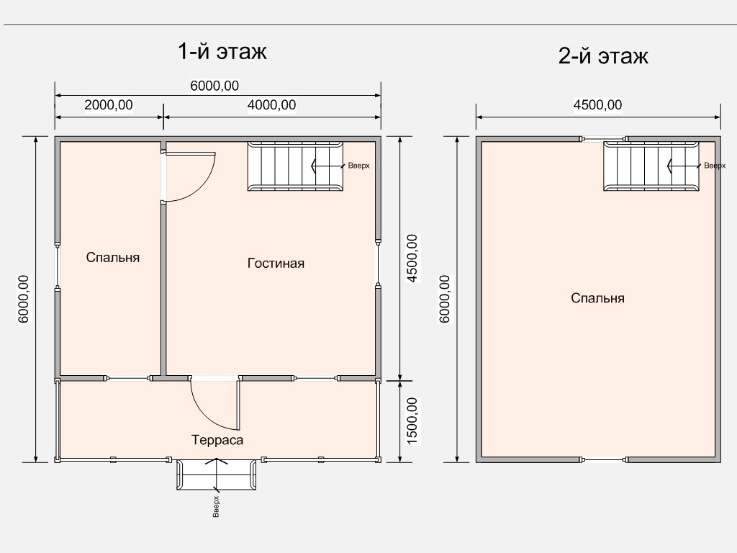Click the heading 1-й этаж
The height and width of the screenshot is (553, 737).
[222, 51]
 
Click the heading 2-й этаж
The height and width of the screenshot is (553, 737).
[603, 56]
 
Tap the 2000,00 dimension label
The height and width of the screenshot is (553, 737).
[109, 105]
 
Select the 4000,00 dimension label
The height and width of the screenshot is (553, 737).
[271, 105]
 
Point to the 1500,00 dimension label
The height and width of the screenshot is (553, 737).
[411, 421]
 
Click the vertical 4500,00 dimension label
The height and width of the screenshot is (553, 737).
[411, 258]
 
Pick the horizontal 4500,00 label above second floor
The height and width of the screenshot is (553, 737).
[597, 105]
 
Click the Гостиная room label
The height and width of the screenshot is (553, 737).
[276, 263]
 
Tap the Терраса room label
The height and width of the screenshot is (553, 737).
[217, 440]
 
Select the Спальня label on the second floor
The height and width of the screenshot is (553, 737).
[597, 298]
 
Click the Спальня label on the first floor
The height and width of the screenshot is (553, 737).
[113, 257]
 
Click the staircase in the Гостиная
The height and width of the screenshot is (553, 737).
[296, 166]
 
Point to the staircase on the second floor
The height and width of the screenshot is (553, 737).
[651, 166]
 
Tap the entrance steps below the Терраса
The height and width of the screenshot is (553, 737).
[217, 475]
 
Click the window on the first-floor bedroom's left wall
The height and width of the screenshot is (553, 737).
[57, 266]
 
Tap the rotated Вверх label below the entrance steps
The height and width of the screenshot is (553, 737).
[216, 506]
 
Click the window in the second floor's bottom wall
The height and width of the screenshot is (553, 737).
[604, 459]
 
